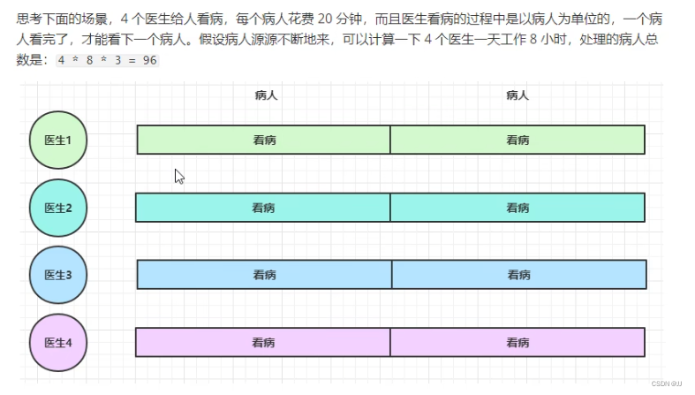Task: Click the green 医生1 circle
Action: tap(58, 140)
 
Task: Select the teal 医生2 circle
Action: tap(58, 208)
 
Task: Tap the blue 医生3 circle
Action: tap(58, 275)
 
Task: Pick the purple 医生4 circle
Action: tap(58, 342)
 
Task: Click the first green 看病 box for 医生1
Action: tap(263, 140)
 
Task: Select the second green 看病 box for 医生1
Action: tap(517, 140)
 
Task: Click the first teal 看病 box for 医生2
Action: tap(262, 208)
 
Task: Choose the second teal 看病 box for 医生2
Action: tap(517, 208)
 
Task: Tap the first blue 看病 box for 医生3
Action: tap(264, 275)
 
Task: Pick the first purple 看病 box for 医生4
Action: tap(262, 342)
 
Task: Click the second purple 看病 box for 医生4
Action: tap(517, 342)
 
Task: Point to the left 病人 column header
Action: tap(265, 95)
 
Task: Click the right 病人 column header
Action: tap(517, 95)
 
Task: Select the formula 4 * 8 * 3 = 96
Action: tap(107, 61)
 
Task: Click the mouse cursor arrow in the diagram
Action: tap(178, 175)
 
